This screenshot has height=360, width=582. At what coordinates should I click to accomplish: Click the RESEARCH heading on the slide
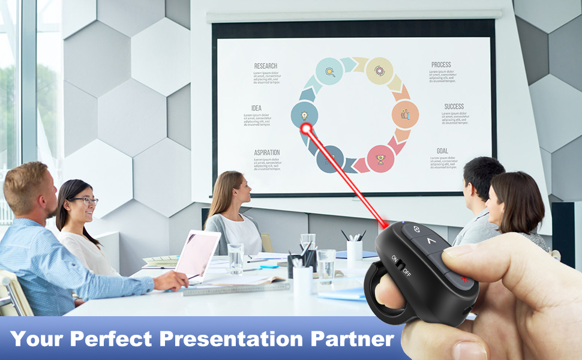point(265,66)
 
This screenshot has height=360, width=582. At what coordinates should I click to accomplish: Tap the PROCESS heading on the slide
point(441,65)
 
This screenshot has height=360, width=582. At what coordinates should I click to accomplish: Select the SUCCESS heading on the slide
point(454,106)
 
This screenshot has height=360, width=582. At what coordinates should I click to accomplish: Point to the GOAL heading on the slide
point(442,151)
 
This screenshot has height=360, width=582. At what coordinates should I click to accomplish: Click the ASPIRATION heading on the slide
point(266,152)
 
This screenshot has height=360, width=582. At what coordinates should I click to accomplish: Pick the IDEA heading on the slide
point(256,108)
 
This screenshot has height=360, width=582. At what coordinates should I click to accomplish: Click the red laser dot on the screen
point(306,128)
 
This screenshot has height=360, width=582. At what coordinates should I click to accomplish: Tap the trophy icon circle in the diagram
point(380,159)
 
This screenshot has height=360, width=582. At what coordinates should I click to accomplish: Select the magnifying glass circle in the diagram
point(329,71)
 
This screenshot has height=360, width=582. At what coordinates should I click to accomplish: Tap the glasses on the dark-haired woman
point(85,201)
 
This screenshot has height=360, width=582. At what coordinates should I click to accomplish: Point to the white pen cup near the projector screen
point(355,249)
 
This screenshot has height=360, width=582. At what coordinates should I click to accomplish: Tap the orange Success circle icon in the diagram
point(405,115)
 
